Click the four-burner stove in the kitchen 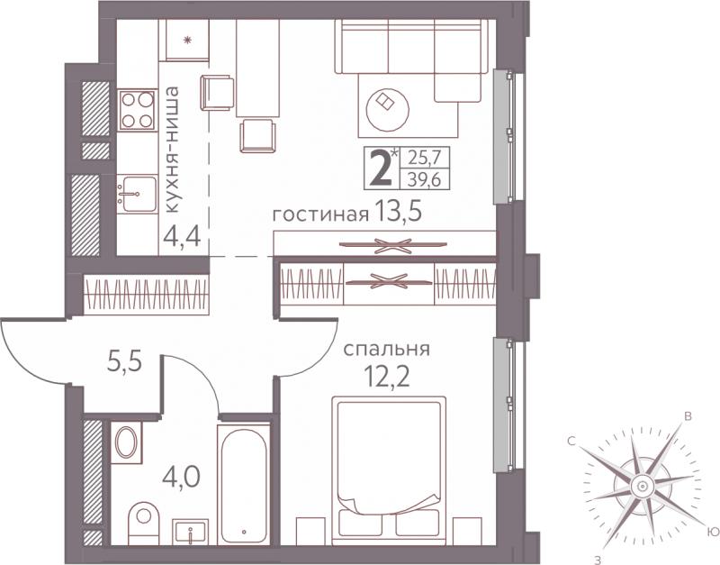pyautogui.click(x=138, y=110)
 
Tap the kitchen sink pyautogui.click(x=137, y=194)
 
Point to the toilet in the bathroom pyautogui.click(x=143, y=524)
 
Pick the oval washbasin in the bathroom pyautogui.click(x=125, y=442)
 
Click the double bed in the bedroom pyautogui.click(x=389, y=470)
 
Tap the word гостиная pyautogui.click(x=321, y=215)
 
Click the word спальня pyautogui.click(x=387, y=351)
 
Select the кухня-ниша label pyautogui.click(x=172, y=150)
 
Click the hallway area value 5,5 pyautogui.click(x=124, y=362)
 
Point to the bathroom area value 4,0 pyautogui.click(x=182, y=477)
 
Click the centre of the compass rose pyautogui.click(x=642, y=486)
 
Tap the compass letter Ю pyautogui.click(x=712, y=532)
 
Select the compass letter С pyautogui.click(x=571, y=442)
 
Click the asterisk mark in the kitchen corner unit pyautogui.click(x=187, y=41)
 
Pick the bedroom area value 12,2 pyautogui.click(x=387, y=379)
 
